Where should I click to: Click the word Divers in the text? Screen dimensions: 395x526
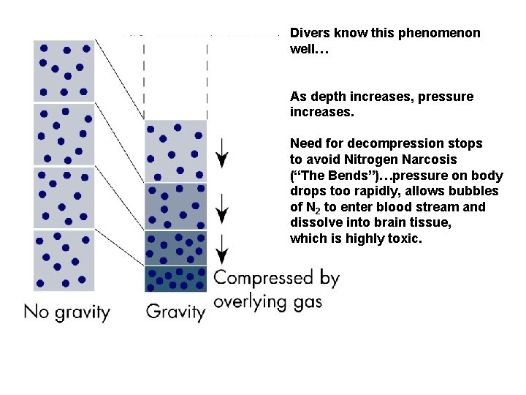click(308, 34)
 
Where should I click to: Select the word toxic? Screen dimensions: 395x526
click(405, 238)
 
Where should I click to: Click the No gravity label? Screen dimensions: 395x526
click(66, 312)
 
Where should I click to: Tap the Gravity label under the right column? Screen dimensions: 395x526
click(175, 312)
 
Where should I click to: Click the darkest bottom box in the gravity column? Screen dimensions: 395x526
click(176, 279)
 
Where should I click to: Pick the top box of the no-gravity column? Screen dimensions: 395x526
click(64, 71)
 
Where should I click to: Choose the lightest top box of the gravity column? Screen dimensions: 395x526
click(176, 151)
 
